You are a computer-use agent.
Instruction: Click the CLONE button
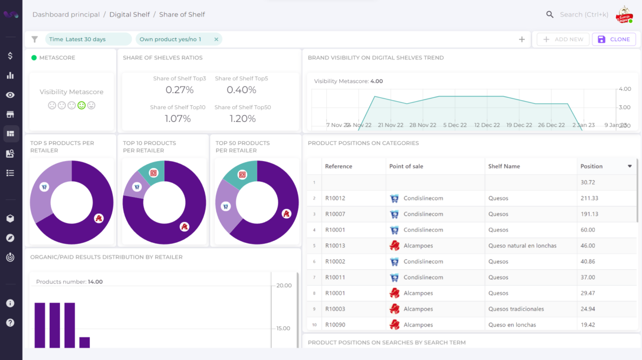[x=614, y=39]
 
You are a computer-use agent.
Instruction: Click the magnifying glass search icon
[x=550, y=14]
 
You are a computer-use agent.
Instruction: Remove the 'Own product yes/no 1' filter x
[x=216, y=39]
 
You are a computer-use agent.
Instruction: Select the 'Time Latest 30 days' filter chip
[x=78, y=39]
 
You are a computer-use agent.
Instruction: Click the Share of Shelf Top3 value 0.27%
[x=179, y=90]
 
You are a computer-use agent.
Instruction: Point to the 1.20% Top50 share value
[x=242, y=119]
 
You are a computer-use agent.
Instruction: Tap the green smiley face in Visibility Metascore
[x=81, y=105]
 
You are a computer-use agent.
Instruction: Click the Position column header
[x=592, y=166]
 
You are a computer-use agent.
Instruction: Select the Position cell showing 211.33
[x=589, y=198]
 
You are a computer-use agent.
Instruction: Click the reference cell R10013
[x=335, y=246]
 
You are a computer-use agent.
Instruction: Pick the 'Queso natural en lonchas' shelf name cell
[x=522, y=246]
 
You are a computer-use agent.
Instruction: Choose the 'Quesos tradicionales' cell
[x=516, y=309]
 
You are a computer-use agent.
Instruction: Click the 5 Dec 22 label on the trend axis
[x=455, y=125]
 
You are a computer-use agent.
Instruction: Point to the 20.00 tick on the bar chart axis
[x=284, y=286]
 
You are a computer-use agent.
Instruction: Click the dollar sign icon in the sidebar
[x=10, y=56]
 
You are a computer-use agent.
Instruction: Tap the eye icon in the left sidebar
[x=10, y=95]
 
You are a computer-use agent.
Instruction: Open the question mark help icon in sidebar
[x=10, y=323]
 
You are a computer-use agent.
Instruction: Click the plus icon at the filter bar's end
[x=522, y=39]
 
